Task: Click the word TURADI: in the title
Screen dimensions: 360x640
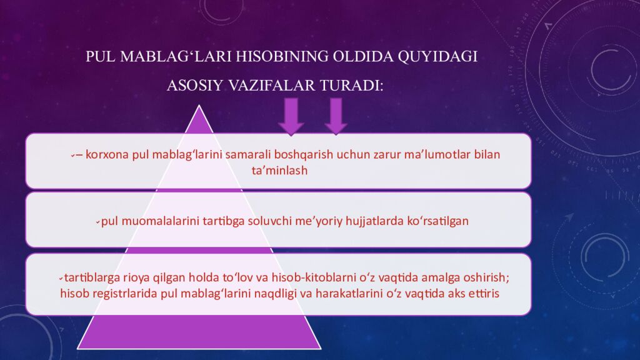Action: (352, 86)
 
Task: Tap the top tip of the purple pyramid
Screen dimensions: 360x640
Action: (199, 107)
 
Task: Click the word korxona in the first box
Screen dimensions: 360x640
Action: (107, 154)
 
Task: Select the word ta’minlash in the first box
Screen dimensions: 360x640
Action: (279, 169)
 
